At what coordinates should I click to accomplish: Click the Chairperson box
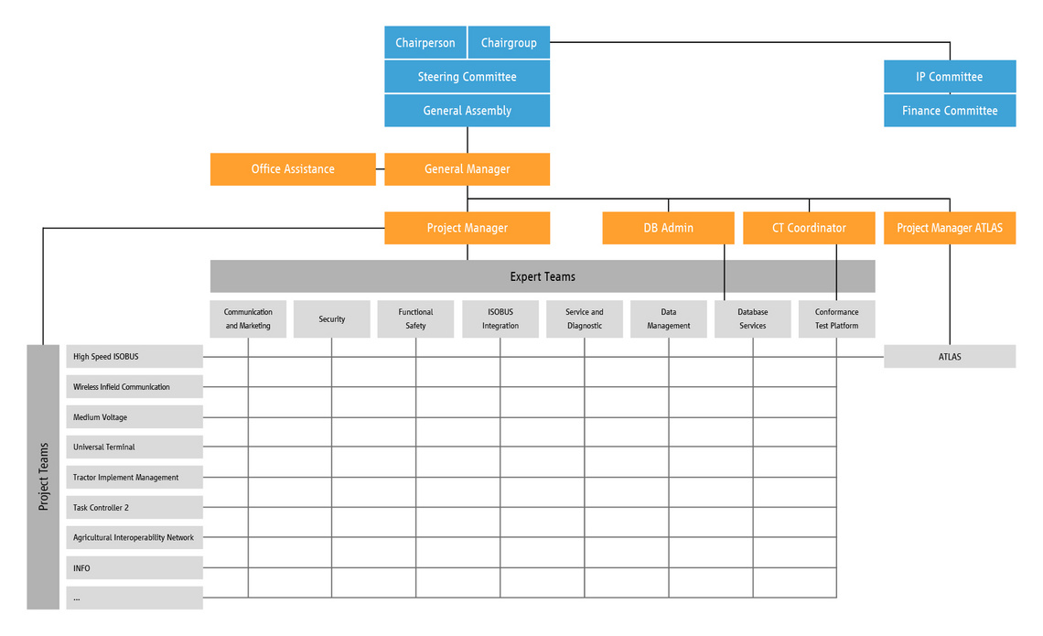click(x=425, y=43)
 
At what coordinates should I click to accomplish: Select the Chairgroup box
click(x=509, y=43)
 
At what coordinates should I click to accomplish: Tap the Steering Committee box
click(x=467, y=77)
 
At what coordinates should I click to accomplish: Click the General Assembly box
click(x=467, y=111)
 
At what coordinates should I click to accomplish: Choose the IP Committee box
click(x=950, y=77)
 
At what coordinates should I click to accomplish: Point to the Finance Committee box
click(x=950, y=111)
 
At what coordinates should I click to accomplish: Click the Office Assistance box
click(x=293, y=169)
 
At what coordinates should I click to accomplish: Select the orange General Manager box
click(x=467, y=169)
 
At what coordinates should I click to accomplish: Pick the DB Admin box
click(x=669, y=228)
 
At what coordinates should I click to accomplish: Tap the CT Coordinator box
click(x=809, y=228)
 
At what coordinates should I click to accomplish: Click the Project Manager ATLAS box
click(x=950, y=228)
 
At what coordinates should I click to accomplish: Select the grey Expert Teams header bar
click(x=543, y=276)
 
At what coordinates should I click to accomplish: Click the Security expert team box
click(x=332, y=319)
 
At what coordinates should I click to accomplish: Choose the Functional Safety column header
click(x=415, y=319)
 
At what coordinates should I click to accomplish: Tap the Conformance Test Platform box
click(x=837, y=319)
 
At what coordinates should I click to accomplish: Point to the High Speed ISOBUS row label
click(x=134, y=357)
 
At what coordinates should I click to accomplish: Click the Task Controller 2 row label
click(x=134, y=508)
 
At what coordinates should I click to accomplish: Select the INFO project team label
click(x=134, y=568)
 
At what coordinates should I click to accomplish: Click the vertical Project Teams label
click(x=43, y=477)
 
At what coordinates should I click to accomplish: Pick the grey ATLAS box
click(x=950, y=357)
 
